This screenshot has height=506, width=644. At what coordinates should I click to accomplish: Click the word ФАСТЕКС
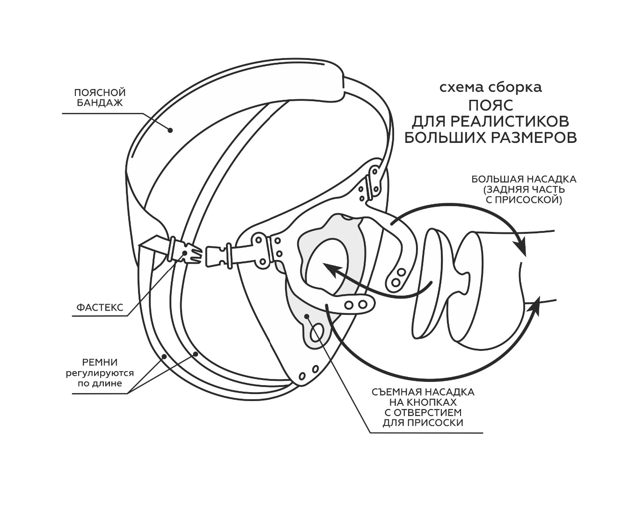coord(100,307)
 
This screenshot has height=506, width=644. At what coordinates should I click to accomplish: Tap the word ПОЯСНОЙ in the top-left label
coord(100,92)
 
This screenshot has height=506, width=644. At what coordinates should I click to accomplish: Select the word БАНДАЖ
coord(100,103)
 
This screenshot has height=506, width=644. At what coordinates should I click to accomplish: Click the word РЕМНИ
coord(100,362)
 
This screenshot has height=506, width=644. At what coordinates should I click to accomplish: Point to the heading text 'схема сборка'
coord(490,88)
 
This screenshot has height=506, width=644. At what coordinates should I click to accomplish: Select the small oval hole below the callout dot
coord(317,333)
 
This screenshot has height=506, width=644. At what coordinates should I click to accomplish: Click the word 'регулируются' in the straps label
coord(100,373)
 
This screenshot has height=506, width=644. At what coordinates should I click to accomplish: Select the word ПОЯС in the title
coord(490,104)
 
